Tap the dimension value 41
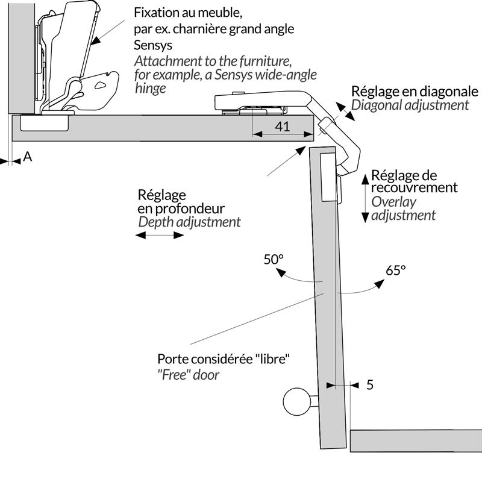(282, 127)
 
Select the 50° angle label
(274, 260)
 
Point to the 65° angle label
(396, 270)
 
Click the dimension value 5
(370, 384)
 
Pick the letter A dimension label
(27, 157)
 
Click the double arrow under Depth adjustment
(160, 236)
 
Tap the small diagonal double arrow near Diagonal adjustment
(346, 113)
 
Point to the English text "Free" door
(188, 374)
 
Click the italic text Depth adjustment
(189, 222)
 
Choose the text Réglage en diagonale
(415, 91)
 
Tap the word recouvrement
(415, 187)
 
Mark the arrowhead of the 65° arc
(379, 283)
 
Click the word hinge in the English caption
(149, 89)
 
